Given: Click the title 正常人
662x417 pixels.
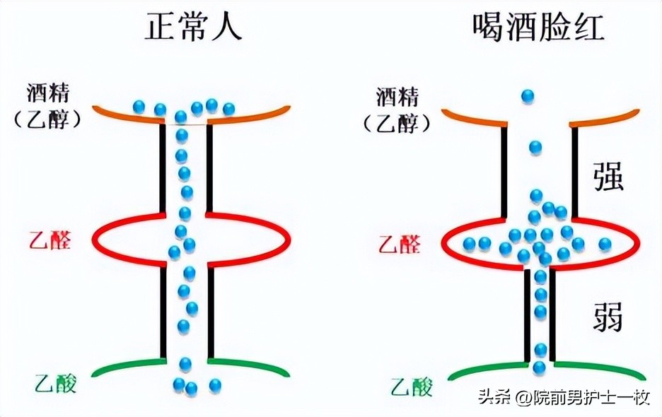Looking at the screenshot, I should click(194, 28).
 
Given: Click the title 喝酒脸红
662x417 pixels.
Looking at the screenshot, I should click(537, 28).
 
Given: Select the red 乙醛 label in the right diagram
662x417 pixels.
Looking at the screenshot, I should click(399, 245).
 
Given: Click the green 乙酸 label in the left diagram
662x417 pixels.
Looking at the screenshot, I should click(54, 384).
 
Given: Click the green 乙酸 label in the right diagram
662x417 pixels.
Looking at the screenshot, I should click(411, 387).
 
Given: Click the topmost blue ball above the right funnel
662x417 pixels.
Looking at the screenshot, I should click(528, 95).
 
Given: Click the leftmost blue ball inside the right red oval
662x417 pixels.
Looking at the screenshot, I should click(470, 244).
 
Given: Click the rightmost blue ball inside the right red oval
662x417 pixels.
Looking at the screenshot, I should click(605, 244).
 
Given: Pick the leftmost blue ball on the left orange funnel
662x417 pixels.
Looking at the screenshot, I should click(139, 107).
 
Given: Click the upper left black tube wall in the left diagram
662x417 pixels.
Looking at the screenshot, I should click(163, 170).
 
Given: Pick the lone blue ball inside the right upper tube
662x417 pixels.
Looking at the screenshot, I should click(535, 147).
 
